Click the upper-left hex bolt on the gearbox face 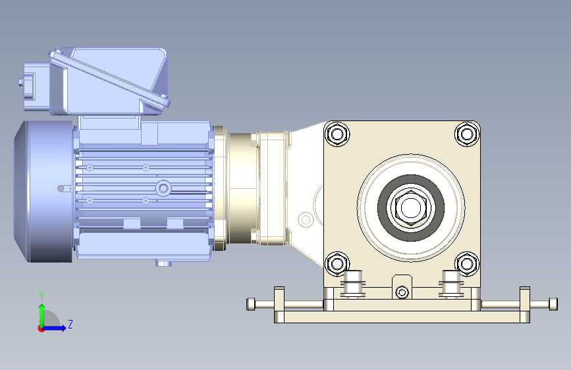click(x=337, y=134)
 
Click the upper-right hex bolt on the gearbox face click(x=467, y=134)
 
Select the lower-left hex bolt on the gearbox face click(x=337, y=263)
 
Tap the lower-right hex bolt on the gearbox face click(x=467, y=263)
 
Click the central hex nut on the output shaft click(x=411, y=207)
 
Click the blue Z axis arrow click(x=53, y=328)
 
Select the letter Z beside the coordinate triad click(x=70, y=324)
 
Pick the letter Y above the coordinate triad click(x=41, y=296)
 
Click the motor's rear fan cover click(x=43, y=192)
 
